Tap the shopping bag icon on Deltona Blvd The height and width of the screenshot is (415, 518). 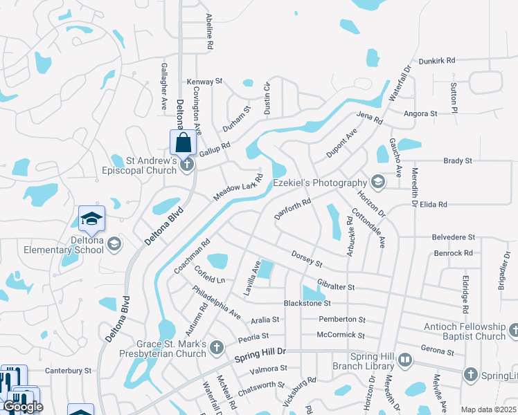tap(183, 143)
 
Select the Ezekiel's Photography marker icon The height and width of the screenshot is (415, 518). tap(377, 183)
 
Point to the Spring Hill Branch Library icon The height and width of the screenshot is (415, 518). tap(405, 360)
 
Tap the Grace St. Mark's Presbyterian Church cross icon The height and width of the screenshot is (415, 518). tap(217, 346)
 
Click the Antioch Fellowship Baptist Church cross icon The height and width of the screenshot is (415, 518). tap(513, 331)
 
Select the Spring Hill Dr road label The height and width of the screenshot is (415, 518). tap(260, 355)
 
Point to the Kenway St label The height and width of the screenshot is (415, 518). tap(204, 82)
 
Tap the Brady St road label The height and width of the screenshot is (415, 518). tap(457, 160)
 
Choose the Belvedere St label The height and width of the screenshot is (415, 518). tap(453, 237)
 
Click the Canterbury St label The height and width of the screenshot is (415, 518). tap(68, 371)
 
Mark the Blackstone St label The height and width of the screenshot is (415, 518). tap(307, 303)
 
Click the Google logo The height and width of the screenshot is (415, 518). tap(22, 407)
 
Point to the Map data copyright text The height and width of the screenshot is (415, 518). tap(489, 409)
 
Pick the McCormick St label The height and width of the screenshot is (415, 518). tap(341, 335)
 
